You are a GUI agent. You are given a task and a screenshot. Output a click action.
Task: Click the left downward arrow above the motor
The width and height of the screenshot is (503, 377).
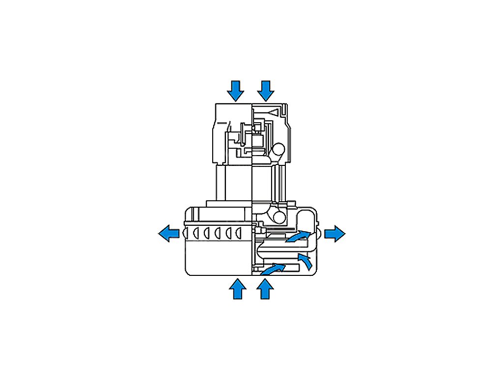[x=236, y=91]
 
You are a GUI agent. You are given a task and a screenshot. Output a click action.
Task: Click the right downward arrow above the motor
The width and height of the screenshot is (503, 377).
[x=266, y=91]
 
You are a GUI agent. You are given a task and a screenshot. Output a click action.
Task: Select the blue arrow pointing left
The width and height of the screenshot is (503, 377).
[x=168, y=233]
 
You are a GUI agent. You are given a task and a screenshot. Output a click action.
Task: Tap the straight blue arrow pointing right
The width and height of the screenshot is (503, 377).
[x=335, y=233]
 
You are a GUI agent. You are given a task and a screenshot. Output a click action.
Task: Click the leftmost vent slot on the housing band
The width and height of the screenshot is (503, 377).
[x=195, y=232]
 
